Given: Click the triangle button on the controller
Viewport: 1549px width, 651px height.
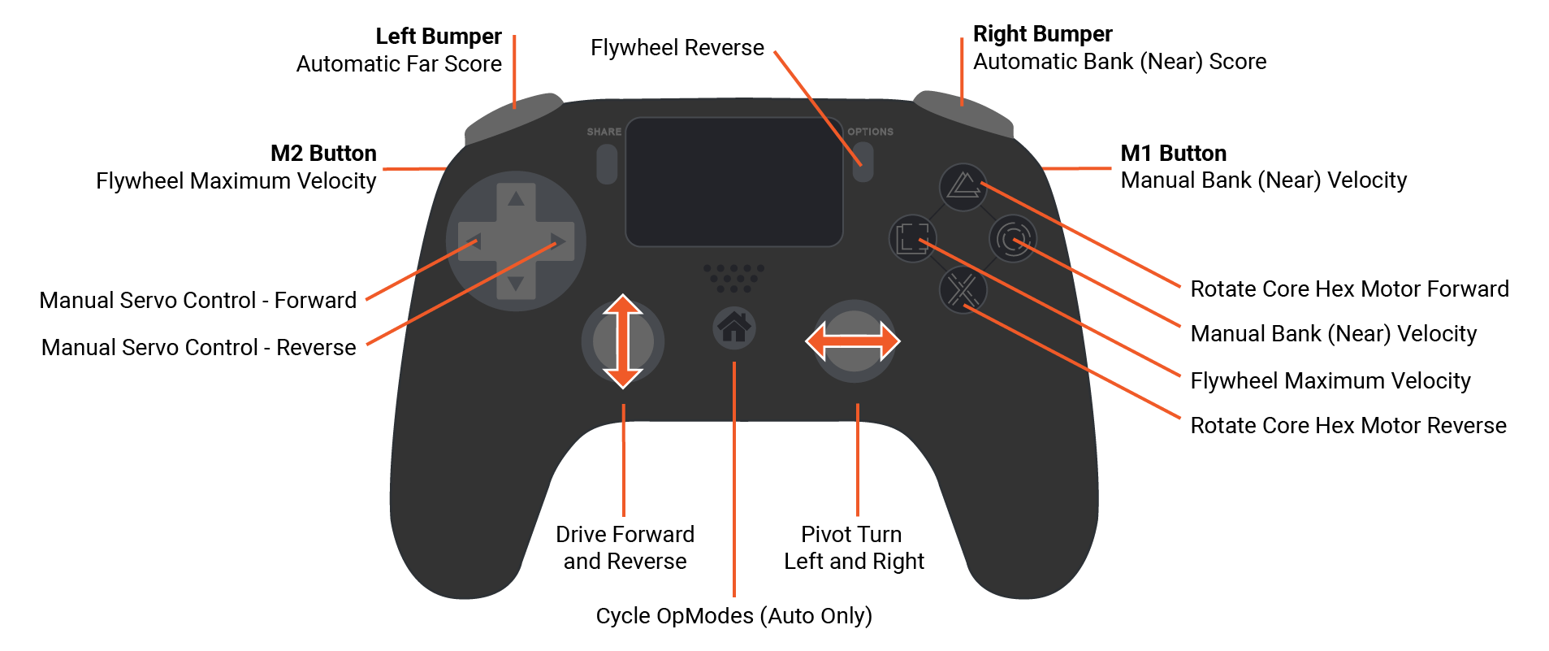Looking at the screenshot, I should point(963,187).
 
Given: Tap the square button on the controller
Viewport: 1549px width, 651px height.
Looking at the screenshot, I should point(912,238).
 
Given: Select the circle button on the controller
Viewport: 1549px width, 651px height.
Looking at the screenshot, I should point(1012,239).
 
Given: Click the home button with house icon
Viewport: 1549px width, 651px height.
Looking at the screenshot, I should point(734,328).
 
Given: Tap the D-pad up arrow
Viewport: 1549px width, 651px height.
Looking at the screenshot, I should point(516,197).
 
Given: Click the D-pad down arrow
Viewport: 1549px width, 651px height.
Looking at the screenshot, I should point(516,284).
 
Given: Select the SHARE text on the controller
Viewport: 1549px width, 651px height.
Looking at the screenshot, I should point(604,132).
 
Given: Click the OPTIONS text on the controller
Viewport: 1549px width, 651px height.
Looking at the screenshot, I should point(870,132).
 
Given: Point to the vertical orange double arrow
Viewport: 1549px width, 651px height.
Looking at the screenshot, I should point(623,341).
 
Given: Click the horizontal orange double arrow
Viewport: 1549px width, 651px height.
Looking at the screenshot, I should point(852,341).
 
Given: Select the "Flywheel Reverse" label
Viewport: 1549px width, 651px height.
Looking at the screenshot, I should point(677,48).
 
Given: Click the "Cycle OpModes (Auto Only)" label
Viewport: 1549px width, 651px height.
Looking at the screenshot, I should point(733,616).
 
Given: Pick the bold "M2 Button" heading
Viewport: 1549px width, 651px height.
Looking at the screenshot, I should point(323,154).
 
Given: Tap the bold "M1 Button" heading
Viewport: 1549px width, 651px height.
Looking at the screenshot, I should point(1173,154).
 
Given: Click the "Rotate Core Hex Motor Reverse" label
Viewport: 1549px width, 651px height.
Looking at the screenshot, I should point(1348,426).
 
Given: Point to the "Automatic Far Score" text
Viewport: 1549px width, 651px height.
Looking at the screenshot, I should point(399,64).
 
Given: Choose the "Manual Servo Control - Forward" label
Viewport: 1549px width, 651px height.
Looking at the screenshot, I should point(198,301).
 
